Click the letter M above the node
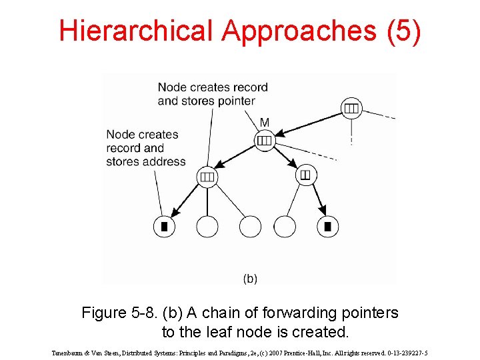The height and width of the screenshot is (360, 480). (x=265, y=123)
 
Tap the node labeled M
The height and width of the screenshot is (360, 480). (x=265, y=141)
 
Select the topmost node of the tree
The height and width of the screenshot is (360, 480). (x=351, y=108)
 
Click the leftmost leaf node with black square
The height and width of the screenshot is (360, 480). (x=165, y=227)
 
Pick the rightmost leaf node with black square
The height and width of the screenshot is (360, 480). (x=327, y=227)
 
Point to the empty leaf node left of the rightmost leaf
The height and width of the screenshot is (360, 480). (x=285, y=227)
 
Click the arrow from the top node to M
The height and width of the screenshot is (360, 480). (x=309, y=125)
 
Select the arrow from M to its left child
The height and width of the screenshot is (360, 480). (x=235, y=157)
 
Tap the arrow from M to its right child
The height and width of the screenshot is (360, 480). (x=285, y=157)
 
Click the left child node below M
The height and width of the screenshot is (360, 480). (x=207, y=177)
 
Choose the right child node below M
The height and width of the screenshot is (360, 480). (x=306, y=175)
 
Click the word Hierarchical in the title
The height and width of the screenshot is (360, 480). (x=136, y=30)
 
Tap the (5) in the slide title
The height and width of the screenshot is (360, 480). (x=404, y=31)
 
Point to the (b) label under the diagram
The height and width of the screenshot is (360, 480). (x=250, y=279)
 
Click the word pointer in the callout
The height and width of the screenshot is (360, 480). (x=237, y=101)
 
